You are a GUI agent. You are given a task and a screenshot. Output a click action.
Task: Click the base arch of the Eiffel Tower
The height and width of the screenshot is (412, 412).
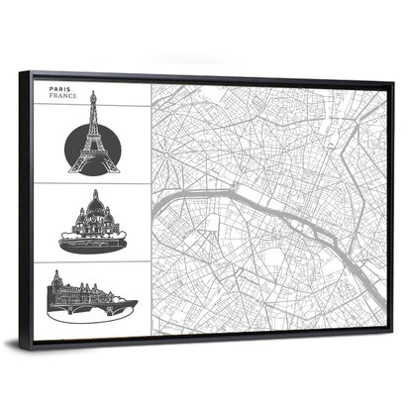(93, 165)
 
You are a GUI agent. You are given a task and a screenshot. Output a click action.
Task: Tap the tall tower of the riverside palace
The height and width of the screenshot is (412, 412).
(56, 281)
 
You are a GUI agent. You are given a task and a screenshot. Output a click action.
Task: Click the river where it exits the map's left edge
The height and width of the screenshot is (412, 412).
(154, 195)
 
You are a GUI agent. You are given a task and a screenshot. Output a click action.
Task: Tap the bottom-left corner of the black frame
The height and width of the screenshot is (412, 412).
(32, 344)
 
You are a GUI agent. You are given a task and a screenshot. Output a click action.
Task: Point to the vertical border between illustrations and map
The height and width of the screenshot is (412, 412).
(151, 208)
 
